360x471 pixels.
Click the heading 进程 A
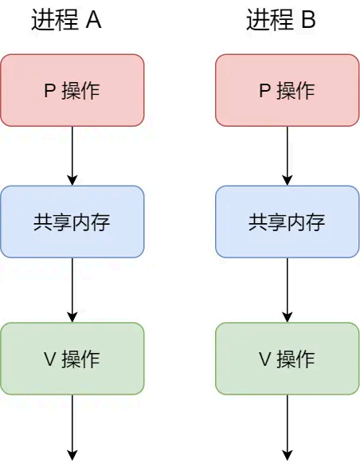pyautogui.click(x=66, y=20)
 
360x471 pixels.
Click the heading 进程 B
pyautogui.click(x=281, y=20)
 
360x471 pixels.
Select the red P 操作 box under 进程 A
pyautogui.click(x=72, y=90)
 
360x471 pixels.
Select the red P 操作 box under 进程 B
pyautogui.click(x=288, y=90)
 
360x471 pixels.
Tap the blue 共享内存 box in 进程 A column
pyautogui.click(x=72, y=222)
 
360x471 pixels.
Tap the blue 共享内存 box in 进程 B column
pyautogui.click(x=288, y=222)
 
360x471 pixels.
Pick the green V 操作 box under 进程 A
pyautogui.click(x=72, y=359)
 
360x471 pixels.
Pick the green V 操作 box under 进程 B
pyautogui.click(x=288, y=359)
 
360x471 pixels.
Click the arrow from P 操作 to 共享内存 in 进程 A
pyautogui.click(x=72, y=155)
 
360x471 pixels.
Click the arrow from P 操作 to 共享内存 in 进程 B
pyautogui.click(x=288, y=155)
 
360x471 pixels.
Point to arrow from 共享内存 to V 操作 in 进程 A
pyautogui.click(x=72, y=289)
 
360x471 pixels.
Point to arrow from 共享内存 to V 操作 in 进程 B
pyautogui.click(x=288, y=289)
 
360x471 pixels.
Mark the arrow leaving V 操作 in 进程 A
pyautogui.click(x=72, y=426)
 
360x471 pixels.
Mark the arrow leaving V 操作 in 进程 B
pyautogui.click(x=288, y=426)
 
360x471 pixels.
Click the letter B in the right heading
pyautogui.click(x=307, y=21)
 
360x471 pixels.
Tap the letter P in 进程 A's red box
pyautogui.click(x=49, y=91)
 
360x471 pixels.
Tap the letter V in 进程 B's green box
pyautogui.click(x=264, y=359)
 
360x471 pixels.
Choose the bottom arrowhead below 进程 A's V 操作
pyautogui.click(x=72, y=455)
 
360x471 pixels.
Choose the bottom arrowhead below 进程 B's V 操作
pyautogui.click(x=288, y=455)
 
